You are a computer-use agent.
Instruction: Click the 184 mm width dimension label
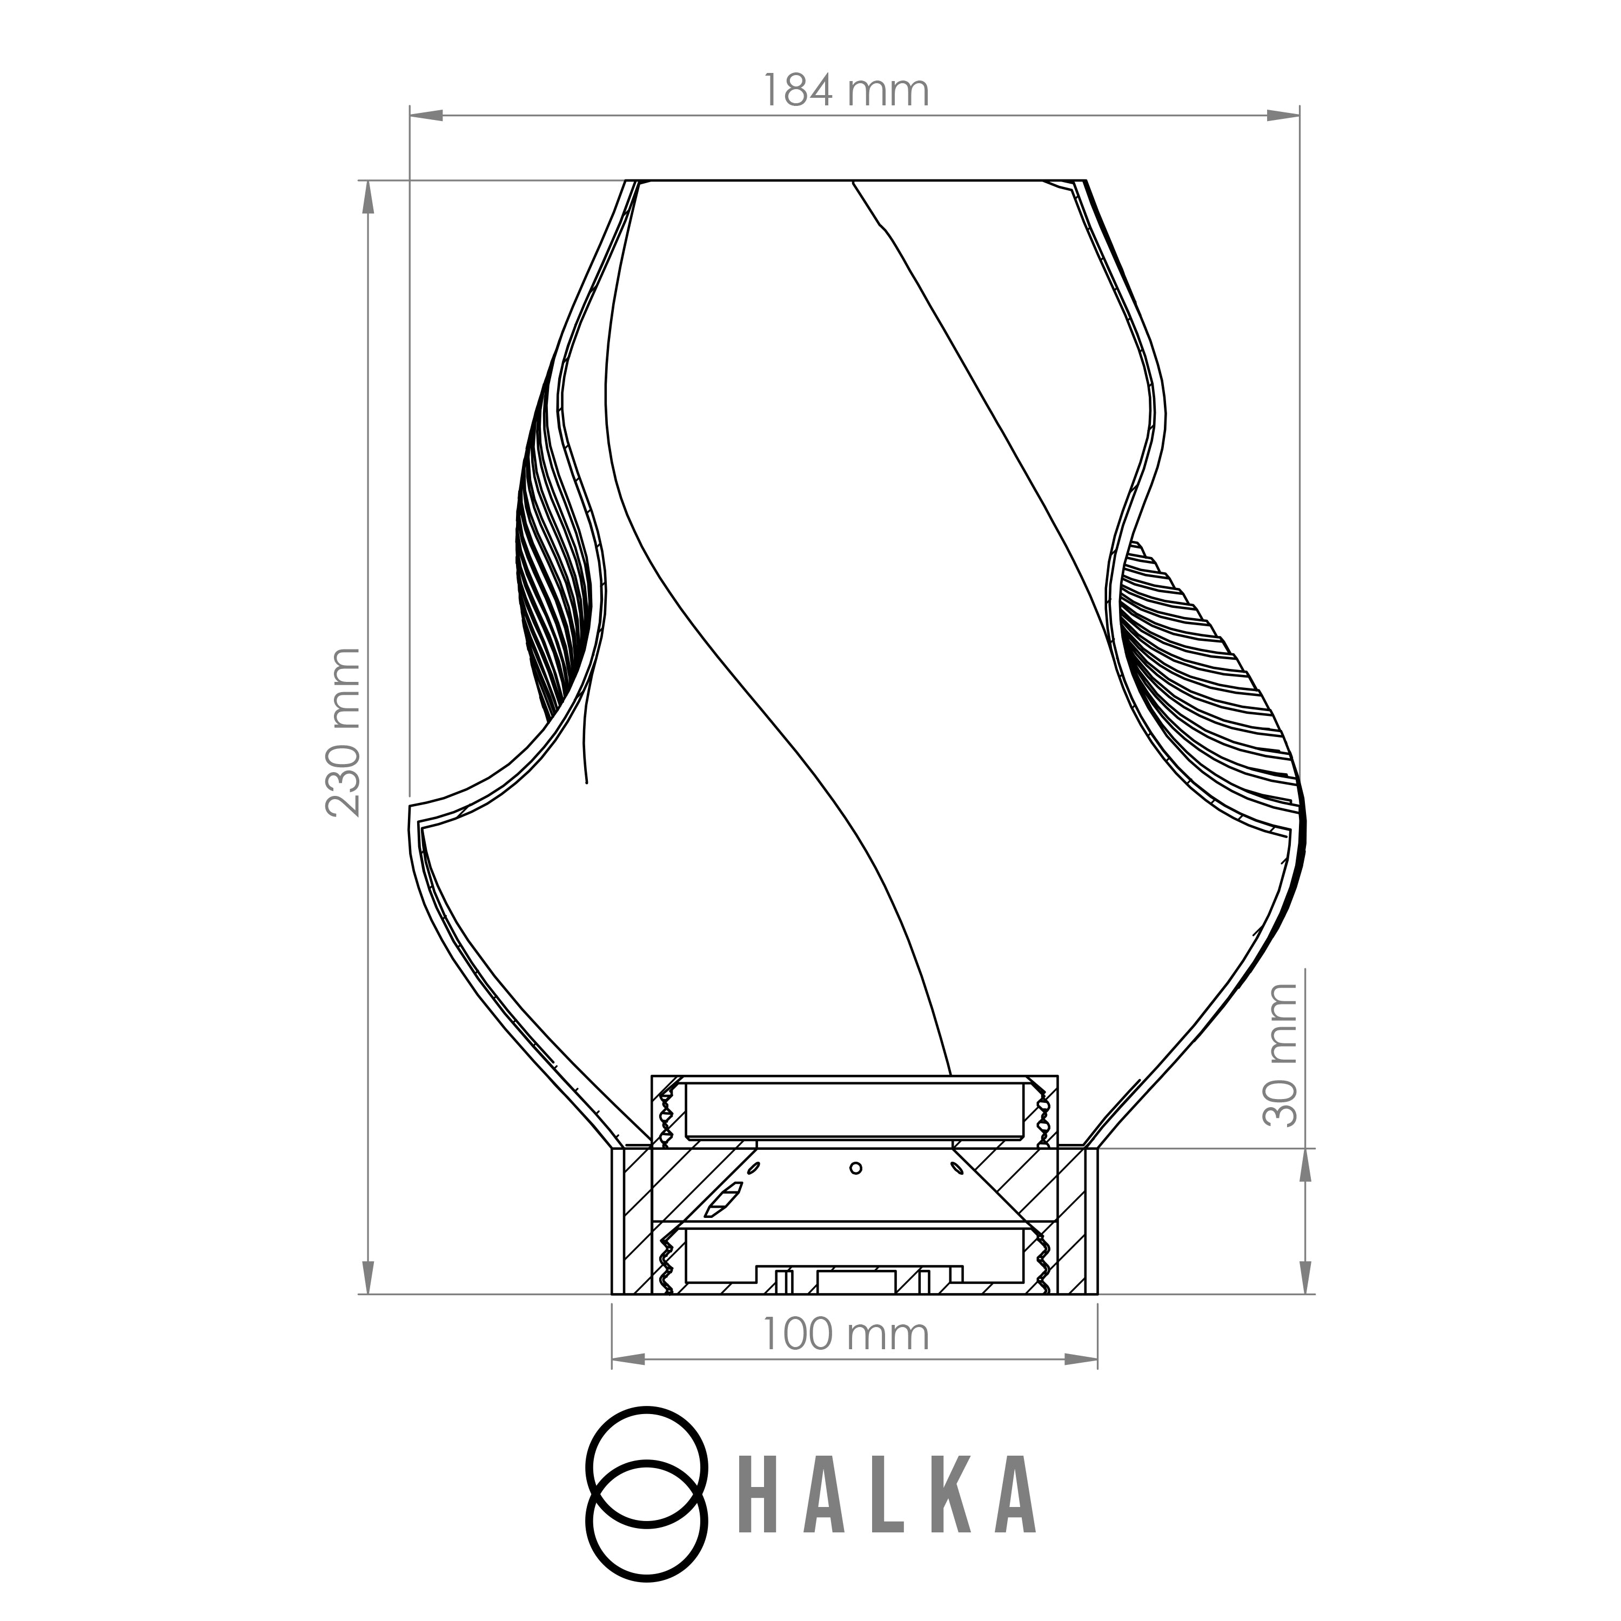[x=846, y=91]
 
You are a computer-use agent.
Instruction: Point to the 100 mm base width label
[x=846, y=1334]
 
